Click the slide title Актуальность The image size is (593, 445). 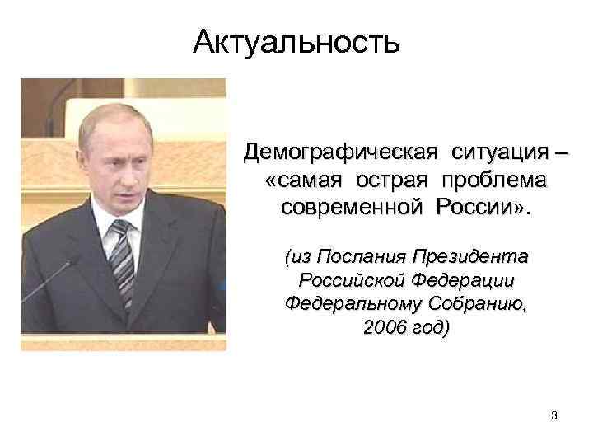pyautogui.click(x=296, y=40)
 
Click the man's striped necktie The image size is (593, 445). pyautogui.click(x=121, y=255)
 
